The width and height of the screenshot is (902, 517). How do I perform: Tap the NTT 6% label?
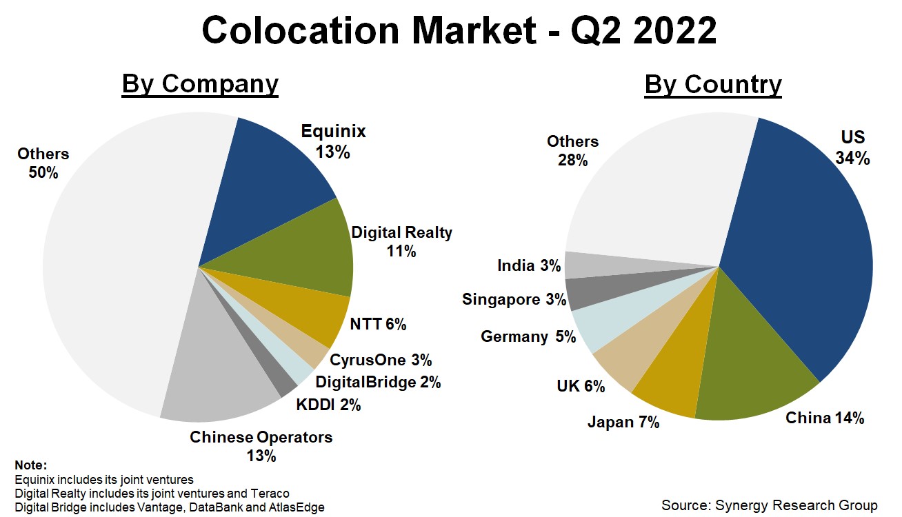378,324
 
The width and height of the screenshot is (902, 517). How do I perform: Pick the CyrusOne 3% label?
381,360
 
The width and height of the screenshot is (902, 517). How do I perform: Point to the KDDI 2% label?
329,405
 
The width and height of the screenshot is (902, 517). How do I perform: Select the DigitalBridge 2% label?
378,382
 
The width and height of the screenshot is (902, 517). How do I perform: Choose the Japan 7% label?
623,422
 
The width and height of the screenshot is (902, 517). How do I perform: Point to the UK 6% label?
581,387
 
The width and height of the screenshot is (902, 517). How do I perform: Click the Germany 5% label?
528,337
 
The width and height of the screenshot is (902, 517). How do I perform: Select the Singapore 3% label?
514,300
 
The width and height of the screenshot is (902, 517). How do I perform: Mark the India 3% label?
529,265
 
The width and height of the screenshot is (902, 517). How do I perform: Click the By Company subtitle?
200,84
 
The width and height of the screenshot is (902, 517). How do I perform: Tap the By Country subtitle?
713,84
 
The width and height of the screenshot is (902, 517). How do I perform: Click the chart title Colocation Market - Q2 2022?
459,30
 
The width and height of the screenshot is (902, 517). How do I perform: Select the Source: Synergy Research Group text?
769,505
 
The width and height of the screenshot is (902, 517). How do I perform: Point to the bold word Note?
30,465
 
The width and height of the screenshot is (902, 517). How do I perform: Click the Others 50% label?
43,163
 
